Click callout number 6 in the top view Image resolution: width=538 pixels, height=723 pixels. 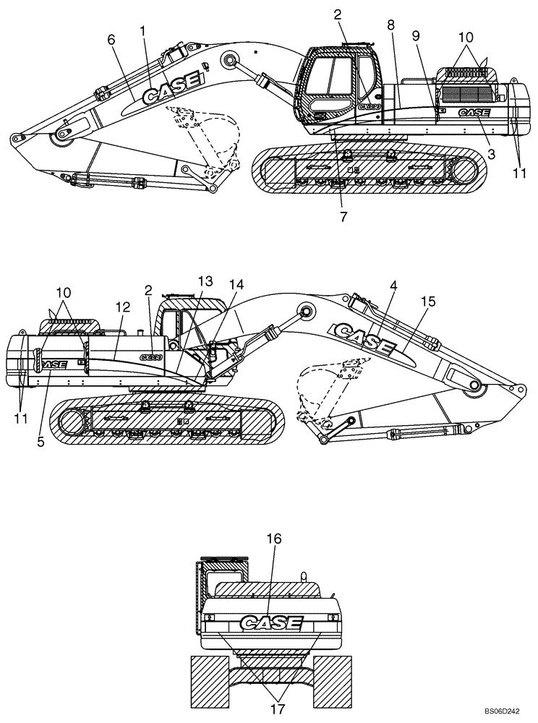coord(111,43)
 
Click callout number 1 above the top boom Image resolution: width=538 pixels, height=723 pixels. coord(143,31)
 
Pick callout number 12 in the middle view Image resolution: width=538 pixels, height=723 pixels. coord(122,307)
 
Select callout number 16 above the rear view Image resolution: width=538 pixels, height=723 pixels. coord(273,539)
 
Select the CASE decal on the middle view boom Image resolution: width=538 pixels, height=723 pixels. coord(363,337)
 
